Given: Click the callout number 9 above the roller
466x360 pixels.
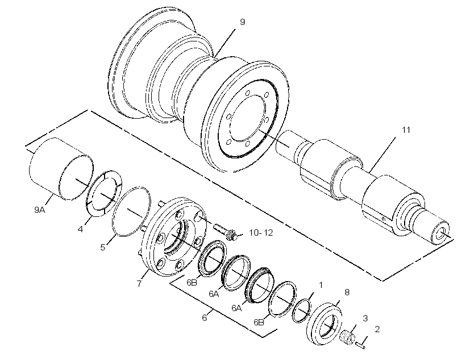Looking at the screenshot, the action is pyautogui.click(x=243, y=22).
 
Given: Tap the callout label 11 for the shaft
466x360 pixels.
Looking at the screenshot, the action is pyautogui.click(x=406, y=130).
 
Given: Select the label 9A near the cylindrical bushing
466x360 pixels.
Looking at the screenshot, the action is pyautogui.click(x=40, y=210).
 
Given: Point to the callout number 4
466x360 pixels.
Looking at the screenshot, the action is pyautogui.click(x=80, y=229).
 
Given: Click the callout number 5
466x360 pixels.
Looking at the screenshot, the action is pyautogui.click(x=103, y=248).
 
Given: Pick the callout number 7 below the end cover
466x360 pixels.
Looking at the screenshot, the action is pyautogui.click(x=139, y=284).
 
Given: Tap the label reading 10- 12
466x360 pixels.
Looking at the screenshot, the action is pyautogui.click(x=261, y=233).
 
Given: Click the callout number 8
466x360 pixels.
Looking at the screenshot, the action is pyautogui.click(x=347, y=292).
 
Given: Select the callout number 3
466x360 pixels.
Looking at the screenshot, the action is pyautogui.click(x=365, y=319).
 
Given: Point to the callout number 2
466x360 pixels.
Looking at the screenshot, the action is pyautogui.click(x=377, y=329).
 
